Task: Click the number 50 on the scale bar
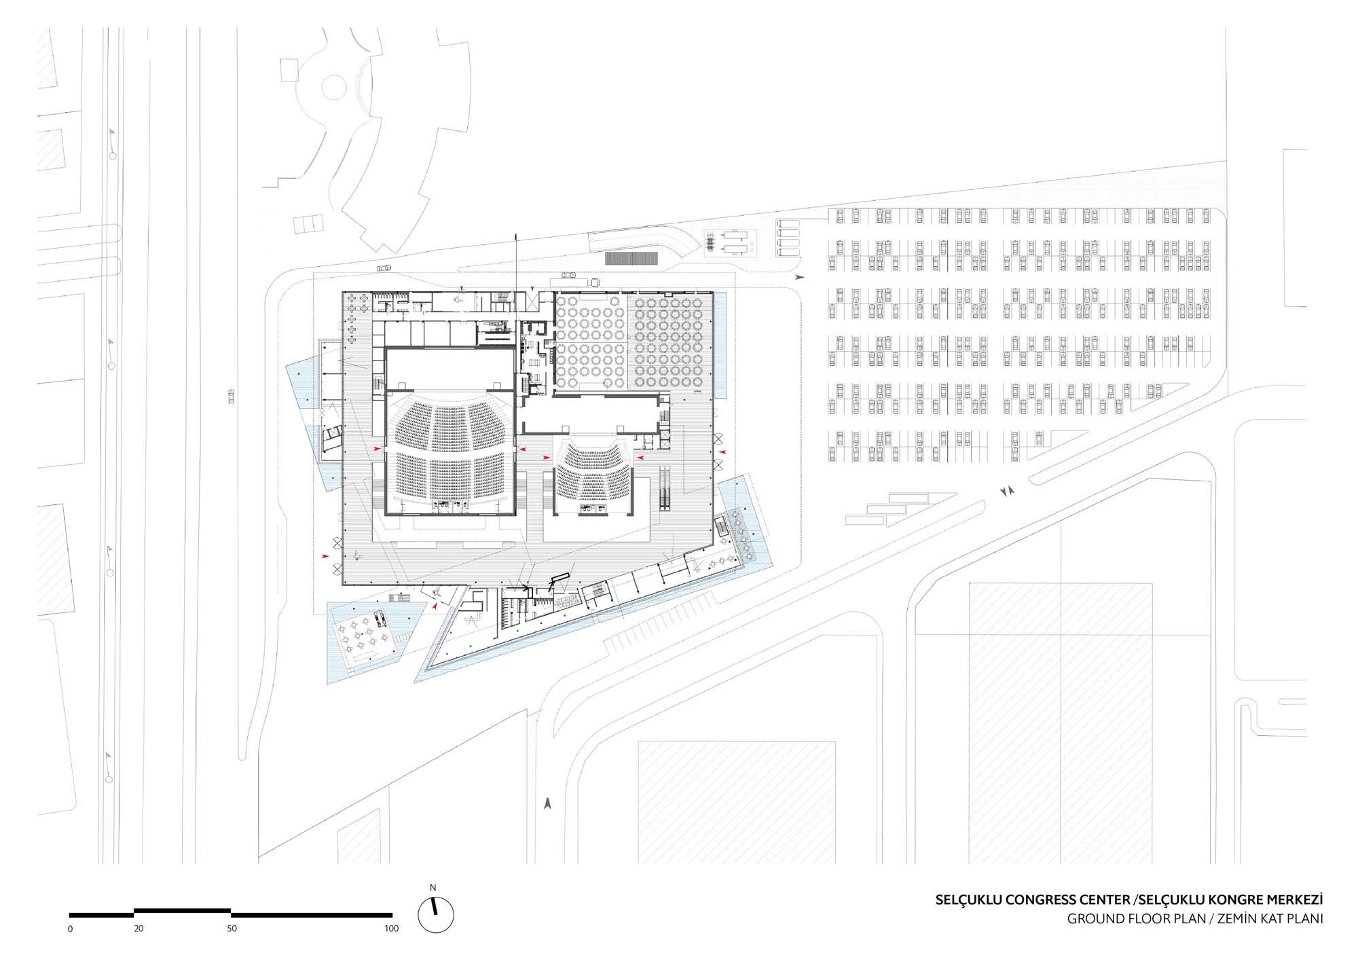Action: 232,928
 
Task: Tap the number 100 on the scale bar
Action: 391,928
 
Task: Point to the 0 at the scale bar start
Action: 71,929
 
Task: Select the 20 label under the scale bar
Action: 139,928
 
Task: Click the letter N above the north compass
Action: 433,887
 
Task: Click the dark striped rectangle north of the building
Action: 631,258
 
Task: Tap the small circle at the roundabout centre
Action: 334,87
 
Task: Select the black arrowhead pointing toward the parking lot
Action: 801,277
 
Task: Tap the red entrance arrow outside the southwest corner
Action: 326,557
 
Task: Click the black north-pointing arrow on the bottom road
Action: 547,803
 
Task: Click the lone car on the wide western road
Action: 231,396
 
